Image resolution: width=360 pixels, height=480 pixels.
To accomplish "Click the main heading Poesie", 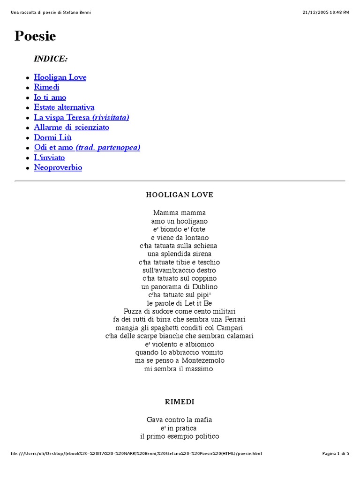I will click(x=35, y=36).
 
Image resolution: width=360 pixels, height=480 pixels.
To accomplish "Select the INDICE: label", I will click(x=51, y=59).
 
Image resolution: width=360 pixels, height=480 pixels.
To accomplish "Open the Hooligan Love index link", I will click(x=60, y=77).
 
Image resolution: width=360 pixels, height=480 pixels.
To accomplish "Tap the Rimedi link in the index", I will click(x=46, y=87).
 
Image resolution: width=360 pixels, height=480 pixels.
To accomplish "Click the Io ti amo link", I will click(x=50, y=97).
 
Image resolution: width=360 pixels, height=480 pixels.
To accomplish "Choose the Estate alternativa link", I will click(x=64, y=107).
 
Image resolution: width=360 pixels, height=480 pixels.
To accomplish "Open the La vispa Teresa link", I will click(x=81, y=117).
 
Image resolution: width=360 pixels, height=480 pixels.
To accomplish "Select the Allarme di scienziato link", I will click(x=71, y=127).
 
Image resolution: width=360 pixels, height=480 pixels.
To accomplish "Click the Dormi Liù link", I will click(x=52, y=137).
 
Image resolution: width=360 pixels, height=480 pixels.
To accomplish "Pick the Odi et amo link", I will click(x=87, y=147).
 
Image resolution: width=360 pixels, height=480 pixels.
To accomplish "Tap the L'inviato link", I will click(x=49, y=157).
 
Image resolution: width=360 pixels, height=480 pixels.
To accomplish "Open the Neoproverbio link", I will click(x=58, y=167).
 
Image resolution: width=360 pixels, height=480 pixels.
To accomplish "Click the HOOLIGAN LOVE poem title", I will click(x=180, y=195).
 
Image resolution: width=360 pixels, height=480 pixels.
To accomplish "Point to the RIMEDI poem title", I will click(x=180, y=402).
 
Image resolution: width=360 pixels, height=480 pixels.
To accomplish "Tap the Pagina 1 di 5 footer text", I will click(x=336, y=453).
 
